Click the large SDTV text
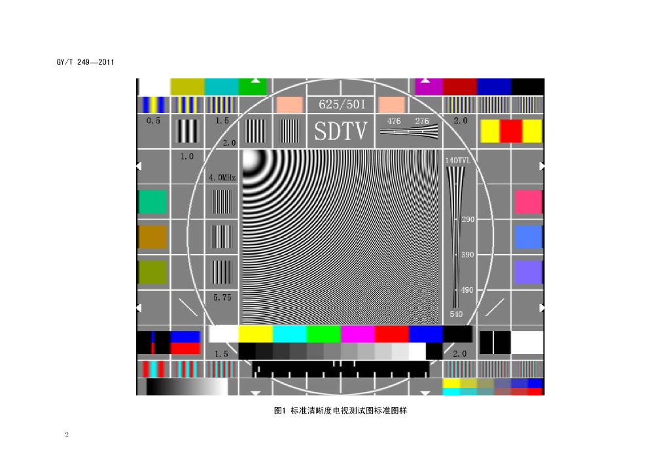[x=340, y=131]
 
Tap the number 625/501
[x=342, y=105]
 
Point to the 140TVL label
[x=457, y=160]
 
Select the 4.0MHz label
[x=222, y=178]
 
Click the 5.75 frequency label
[x=222, y=297]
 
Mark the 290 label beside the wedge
[x=468, y=220]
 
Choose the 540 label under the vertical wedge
[x=456, y=314]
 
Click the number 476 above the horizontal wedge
[x=394, y=121]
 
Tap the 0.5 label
[x=153, y=121]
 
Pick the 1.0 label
[x=186, y=157]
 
